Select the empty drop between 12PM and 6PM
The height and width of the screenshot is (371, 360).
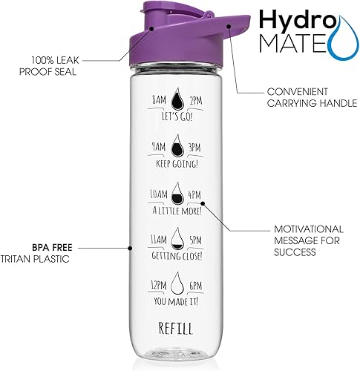pyautogui.click(x=177, y=284)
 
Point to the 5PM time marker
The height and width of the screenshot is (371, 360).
pyautogui.click(x=196, y=239)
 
